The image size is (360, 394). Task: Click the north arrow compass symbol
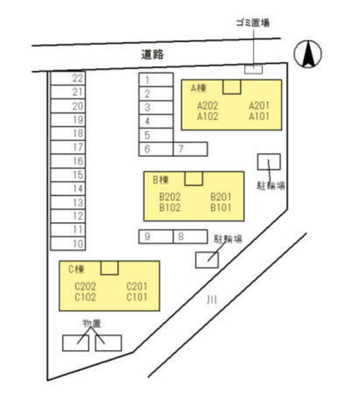307,54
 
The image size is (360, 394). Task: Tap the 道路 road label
153,54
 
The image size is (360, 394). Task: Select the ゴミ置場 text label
252,22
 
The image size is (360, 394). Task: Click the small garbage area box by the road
253,69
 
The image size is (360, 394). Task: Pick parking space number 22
68,78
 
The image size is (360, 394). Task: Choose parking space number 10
68,244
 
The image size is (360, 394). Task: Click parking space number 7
190,149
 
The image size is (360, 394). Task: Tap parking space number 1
156,80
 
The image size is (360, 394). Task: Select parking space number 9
156,236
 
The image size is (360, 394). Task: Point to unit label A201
259,106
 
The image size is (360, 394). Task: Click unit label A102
208,116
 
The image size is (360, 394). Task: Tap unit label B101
221,207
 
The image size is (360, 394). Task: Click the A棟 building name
198,88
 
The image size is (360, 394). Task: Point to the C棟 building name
76,269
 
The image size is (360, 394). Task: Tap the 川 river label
211,299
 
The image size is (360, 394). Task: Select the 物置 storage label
91,323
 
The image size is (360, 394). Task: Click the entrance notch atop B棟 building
194,178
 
